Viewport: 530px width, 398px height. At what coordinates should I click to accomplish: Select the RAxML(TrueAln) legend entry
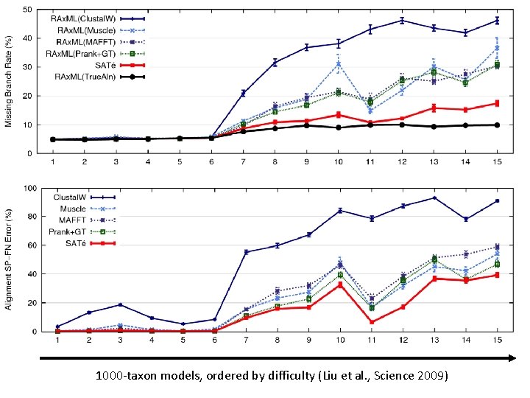click(80, 76)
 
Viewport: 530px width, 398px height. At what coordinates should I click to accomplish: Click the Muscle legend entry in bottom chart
click(74, 209)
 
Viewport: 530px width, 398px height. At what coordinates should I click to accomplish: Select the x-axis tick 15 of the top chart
click(497, 161)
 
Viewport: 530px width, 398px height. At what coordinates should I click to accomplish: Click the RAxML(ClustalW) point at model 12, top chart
click(402, 20)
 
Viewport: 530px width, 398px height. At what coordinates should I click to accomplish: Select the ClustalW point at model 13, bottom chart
click(434, 198)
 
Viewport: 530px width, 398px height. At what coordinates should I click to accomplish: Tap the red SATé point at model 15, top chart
click(497, 103)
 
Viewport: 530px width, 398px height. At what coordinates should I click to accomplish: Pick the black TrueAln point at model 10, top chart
click(338, 128)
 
